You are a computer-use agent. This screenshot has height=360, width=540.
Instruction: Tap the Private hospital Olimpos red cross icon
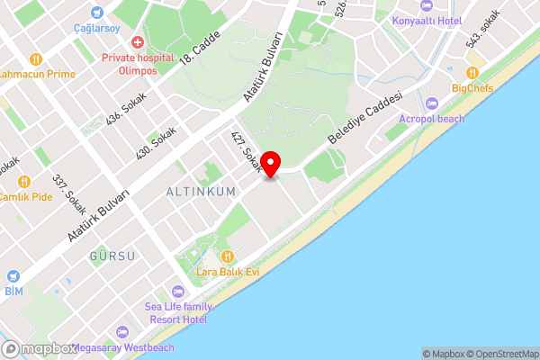tap(137, 42)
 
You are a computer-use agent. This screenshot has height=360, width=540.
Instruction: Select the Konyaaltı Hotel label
tap(430, 19)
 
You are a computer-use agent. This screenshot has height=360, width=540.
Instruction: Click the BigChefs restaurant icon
tap(472, 73)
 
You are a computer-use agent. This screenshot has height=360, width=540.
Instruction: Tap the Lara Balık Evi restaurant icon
tap(227, 256)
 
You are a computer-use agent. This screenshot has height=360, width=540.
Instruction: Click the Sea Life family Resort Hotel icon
tap(177, 291)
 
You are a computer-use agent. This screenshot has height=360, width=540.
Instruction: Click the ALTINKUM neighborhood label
tap(194, 192)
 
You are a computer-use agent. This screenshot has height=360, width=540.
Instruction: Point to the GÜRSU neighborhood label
tap(112, 256)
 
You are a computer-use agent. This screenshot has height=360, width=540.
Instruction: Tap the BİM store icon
tap(13, 276)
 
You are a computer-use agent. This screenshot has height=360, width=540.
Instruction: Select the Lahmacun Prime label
tap(38, 74)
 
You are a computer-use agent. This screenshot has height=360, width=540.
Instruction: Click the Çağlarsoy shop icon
tap(97, 13)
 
